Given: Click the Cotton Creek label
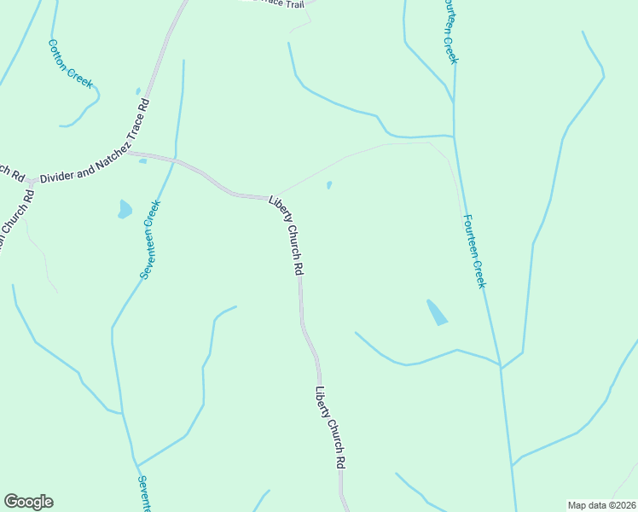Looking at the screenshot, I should click(71, 62).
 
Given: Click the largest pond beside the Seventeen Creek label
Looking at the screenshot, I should click(125, 209).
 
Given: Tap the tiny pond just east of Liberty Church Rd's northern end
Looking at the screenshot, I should click(329, 184).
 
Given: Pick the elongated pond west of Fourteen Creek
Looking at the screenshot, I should click(436, 312).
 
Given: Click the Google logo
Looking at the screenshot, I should click(28, 502).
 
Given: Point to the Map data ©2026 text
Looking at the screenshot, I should click(602, 504).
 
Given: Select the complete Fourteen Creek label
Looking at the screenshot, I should click(474, 250).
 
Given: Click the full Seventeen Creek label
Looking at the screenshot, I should click(150, 240).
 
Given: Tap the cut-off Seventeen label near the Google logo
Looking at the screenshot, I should click(143, 493).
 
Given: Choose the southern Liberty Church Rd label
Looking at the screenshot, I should click(330, 428).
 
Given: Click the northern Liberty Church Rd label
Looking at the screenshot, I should click(287, 235).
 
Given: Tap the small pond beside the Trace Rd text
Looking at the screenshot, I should click(137, 91).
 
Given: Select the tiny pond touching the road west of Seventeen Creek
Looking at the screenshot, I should click(142, 160).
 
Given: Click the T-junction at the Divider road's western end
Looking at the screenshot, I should click(30, 182).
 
